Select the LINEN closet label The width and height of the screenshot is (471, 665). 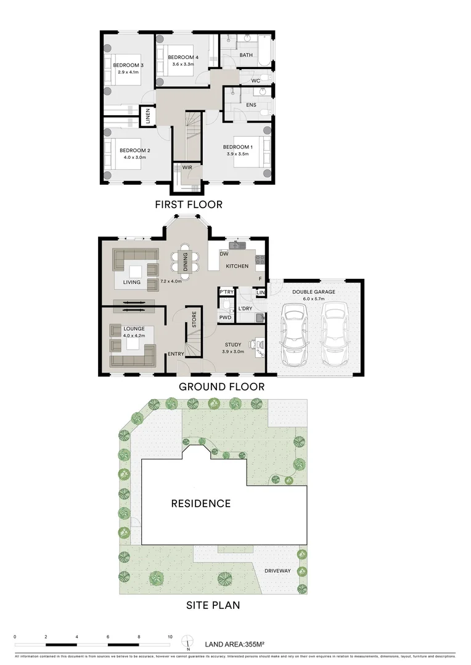click(148, 116)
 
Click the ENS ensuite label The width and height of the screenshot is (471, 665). click(251, 105)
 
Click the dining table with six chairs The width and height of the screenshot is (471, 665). click(185, 259)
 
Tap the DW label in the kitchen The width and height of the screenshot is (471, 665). click(224, 254)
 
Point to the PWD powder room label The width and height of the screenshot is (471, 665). click(225, 318)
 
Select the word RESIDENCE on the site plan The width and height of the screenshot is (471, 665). click(200, 504)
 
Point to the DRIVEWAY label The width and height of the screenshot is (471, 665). click(277, 571)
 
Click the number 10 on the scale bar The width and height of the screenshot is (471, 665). click(170, 637)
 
